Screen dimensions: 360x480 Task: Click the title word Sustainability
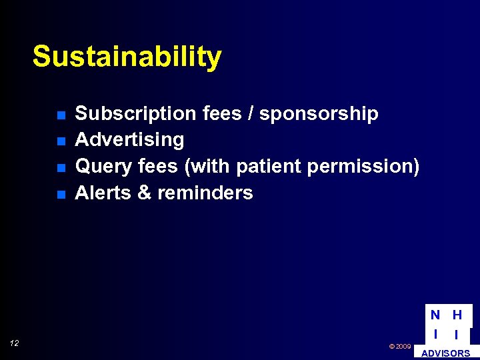point(127,57)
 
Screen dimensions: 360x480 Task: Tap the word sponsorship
point(319,114)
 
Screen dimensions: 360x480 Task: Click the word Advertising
point(129,140)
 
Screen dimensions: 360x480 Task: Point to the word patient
point(271,166)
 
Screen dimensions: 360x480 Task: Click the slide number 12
point(15,343)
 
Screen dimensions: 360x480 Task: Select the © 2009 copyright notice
point(400,347)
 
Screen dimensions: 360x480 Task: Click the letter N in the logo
point(435,315)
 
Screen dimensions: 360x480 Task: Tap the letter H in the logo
point(457,315)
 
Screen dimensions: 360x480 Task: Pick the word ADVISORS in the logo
point(445,353)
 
